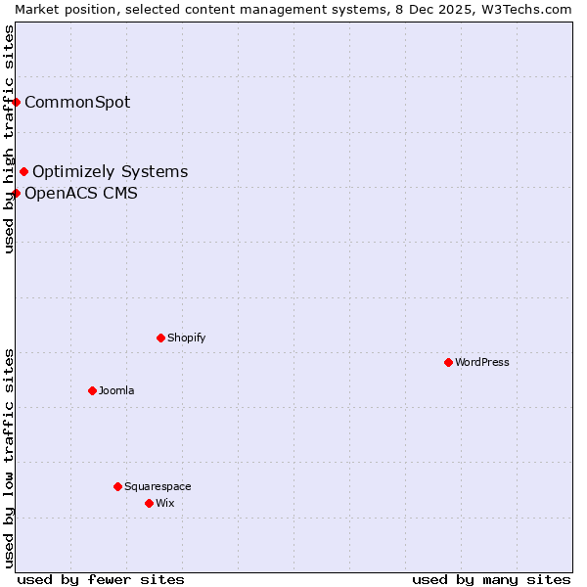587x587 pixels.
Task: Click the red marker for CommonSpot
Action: tap(17, 102)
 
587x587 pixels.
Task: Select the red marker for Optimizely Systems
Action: tap(24, 172)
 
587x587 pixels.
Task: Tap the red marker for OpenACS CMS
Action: tap(17, 193)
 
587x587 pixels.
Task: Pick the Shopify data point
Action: tap(161, 338)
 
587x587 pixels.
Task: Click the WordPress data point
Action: tap(449, 362)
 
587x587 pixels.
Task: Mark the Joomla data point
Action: tap(93, 390)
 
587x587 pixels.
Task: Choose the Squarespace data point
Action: tap(118, 486)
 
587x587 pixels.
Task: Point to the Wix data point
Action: tap(150, 503)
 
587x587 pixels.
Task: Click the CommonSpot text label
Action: tap(77, 102)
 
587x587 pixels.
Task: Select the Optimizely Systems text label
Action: tap(110, 172)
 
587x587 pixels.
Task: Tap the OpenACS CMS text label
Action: tap(81, 193)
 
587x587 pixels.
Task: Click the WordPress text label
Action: tap(482, 362)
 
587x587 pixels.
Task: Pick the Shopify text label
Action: tap(186, 338)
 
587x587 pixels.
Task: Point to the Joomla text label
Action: tap(116, 390)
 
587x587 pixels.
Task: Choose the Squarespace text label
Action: tap(158, 486)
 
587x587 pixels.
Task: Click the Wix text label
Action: tap(164, 503)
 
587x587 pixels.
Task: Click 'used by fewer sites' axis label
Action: tap(101, 579)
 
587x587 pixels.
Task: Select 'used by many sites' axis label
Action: tap(491, 579)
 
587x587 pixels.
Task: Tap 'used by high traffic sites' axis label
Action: tap(9, 139)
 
